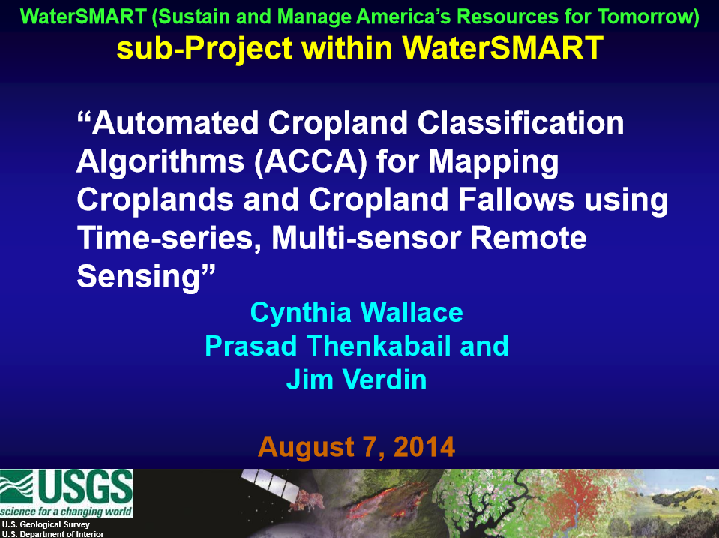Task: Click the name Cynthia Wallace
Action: (x=356, y=312)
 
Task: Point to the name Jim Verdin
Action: (x=356, y=380)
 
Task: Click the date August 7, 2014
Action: (x=356, y=447)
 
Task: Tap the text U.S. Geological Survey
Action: (x=46, y=524)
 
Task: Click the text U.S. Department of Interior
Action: (x=52, y=533)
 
